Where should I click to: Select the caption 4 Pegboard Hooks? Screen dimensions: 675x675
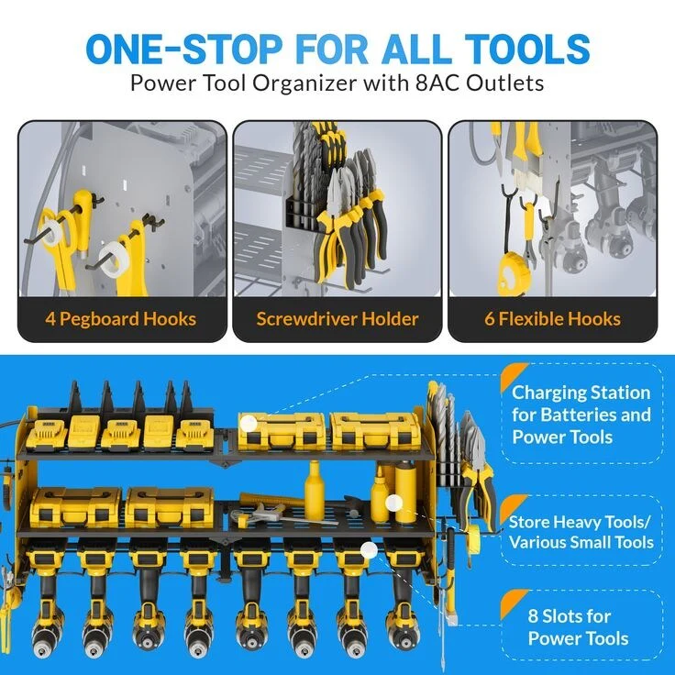point(121,319)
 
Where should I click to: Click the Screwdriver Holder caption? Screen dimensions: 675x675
point(337,319)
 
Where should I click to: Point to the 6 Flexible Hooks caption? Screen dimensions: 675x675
point(552,319)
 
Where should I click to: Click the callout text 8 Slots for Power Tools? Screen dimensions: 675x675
point(578,627)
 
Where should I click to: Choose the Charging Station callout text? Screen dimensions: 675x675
point(581,415)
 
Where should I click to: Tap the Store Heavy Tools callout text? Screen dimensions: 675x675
point(581,532)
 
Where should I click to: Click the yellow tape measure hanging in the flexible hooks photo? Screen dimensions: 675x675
point(513,272)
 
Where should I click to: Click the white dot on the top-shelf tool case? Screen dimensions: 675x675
point(249,424)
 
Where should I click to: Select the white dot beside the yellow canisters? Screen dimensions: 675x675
point(393,503)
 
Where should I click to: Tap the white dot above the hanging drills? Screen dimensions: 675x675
point(369,549)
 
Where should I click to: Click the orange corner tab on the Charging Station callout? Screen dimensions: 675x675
point(512,373)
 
